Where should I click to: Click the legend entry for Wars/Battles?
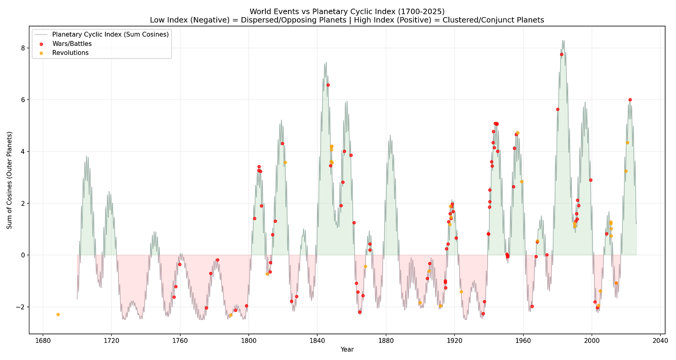point(71,44)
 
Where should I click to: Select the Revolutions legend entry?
point(70,53)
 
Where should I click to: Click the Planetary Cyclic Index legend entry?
point(110,34)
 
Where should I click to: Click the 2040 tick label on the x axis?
point(660,341)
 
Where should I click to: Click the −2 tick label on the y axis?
point(20,307)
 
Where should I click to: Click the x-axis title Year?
point(347,350)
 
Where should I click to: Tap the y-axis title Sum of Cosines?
point(9,180)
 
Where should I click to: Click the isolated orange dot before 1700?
point(58,315)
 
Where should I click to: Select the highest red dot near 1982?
point(562,54)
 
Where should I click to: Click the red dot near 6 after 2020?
point(630,100)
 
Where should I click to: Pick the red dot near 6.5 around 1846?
point(328,85)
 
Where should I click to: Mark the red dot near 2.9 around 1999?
point(590,180)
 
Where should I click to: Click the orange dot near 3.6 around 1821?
point(285,162)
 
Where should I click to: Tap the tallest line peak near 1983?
point(563,40)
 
